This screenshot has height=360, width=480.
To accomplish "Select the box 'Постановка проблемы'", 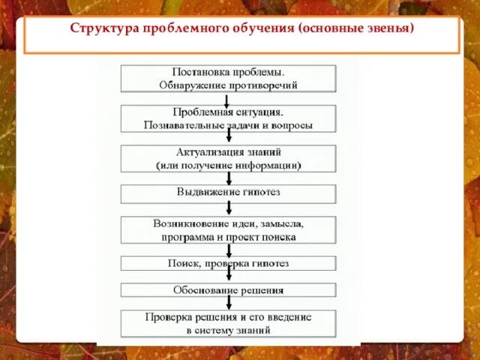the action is pyautogui.click(x=229, y=79).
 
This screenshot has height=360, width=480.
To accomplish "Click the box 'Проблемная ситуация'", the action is pyautogui.click(x=229, y=118).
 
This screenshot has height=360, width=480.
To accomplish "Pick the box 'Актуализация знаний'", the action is pyautogui.click(x=229, y=158).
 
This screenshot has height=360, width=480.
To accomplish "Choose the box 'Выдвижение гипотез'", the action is pyautogui.click(x=229, y=193).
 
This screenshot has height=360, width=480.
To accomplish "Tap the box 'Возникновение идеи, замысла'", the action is pyautogui.click(x=229, y=230).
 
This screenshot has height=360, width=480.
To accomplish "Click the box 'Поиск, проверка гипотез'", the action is pyautogui.click(x=229, y=264).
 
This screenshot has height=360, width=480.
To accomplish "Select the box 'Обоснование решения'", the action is pyautogui.click(x=229, y=289).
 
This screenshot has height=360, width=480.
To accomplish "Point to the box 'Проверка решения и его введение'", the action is pyautogui.click(x=229, y=323).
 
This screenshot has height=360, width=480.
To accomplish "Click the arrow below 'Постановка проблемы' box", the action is pyautogui.click(x=229, y=99).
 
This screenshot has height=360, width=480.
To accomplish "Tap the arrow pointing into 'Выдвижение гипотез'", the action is pyautogui.click(x=229, y=178).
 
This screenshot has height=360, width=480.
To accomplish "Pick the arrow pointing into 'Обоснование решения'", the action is pyautogui.click(x=229, y=277).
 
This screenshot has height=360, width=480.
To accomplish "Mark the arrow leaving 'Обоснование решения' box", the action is pyautogui.click(x=229, y=302).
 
